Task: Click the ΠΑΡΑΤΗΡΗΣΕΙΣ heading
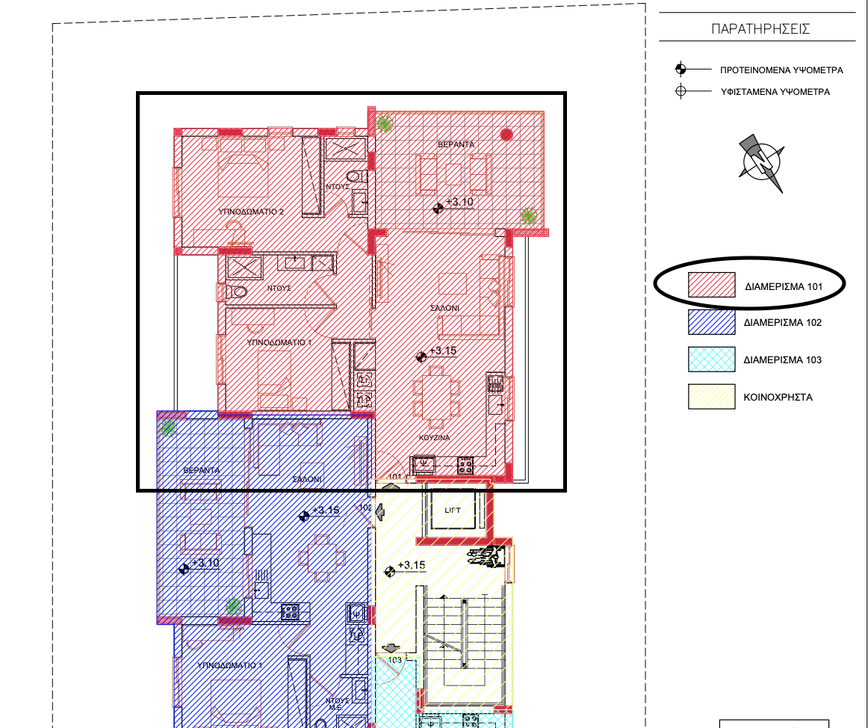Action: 761,29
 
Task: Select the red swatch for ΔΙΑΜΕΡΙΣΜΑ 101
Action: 711,286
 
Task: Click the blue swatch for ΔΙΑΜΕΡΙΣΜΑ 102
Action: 711,322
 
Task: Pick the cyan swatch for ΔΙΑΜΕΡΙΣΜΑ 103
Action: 711,360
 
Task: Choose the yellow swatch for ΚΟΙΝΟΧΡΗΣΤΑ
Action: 711,397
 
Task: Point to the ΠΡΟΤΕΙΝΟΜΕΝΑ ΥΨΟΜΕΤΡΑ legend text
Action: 781,70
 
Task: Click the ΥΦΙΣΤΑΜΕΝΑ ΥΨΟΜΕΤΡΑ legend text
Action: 775,93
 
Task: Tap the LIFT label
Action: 453,510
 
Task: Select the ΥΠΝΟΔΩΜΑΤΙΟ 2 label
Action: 251,212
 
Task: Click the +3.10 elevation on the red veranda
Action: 459,202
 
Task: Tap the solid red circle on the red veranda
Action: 506,135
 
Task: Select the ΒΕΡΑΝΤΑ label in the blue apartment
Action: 202,470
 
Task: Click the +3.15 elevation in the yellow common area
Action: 411,565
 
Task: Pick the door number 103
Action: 395,660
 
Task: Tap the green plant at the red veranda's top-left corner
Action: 385,123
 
